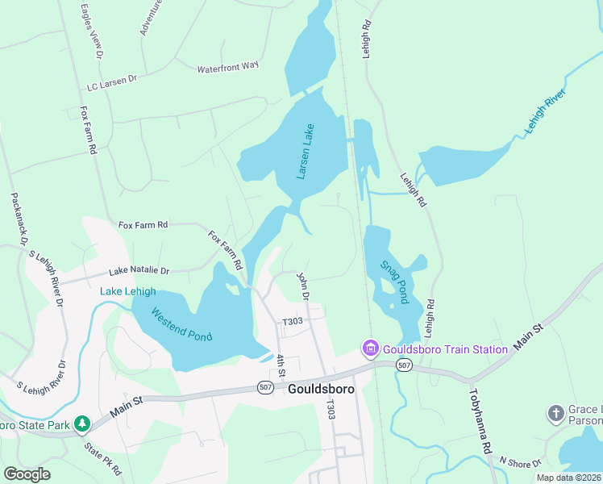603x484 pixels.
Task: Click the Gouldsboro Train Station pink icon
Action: [x=370, y=348]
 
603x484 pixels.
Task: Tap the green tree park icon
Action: [x=81, y=423]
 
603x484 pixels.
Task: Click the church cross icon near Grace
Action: [x=555, y=414]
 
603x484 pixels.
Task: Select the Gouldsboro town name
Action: [x=320, y=389]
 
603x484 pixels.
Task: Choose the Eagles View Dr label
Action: [x=90, y=32]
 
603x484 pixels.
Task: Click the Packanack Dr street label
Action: [x=19, y=218]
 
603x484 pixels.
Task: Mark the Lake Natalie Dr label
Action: [x=139, y=271]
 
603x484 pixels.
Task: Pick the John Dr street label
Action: [x=304, y=286]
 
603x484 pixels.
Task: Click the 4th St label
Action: [x=281, y=367]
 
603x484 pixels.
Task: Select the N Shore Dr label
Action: [x=521, y=461]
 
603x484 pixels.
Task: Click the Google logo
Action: [x=27, y=474]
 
